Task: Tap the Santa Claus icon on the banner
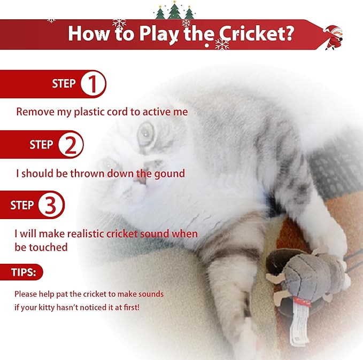(334, 36)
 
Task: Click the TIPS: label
(24, 272)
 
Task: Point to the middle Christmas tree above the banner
(174, 10)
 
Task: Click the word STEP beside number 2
(41, 145)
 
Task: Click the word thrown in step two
(91, 173)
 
